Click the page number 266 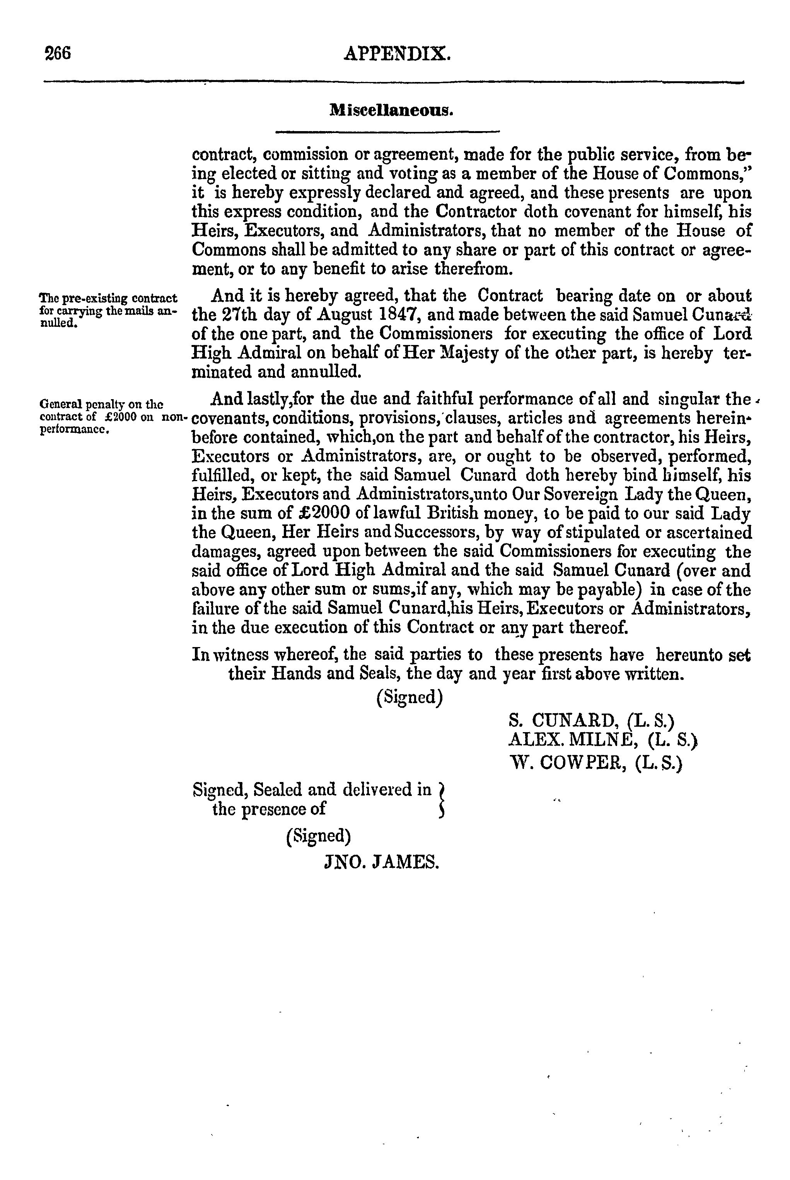pos(58,53)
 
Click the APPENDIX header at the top pos(396,53)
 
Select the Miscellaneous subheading pos(391,110)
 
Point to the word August pos(344,315)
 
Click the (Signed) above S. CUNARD pos(410,697)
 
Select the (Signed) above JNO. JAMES pos(318,836)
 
